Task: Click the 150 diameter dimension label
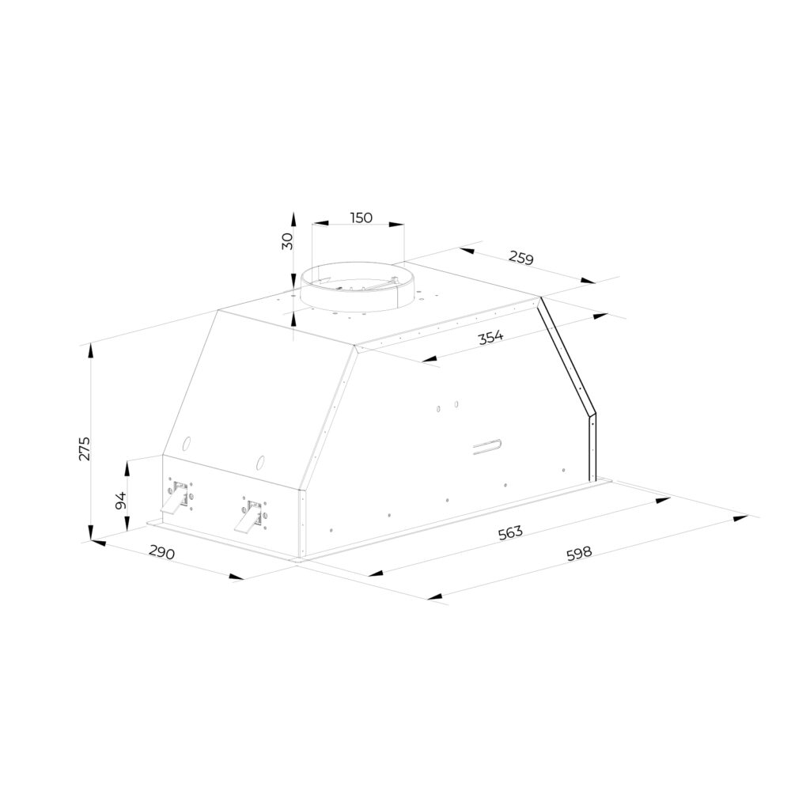coord(361,218)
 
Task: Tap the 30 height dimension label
coord(287,240)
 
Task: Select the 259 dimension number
coord(520,257)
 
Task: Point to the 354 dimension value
coord(490,338)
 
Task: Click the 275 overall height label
coord(84,449)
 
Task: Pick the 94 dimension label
coord(120,500)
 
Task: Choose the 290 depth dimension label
coord(161,552)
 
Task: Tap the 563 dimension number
coord(510,532)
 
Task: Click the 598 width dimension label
coord(578,554)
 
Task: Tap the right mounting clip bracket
coord(251,516)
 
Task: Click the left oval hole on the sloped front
coord(187,443)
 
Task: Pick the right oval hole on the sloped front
coord(261,462)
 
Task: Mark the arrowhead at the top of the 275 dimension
coord(91,351)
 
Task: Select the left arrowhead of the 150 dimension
coord(320,224)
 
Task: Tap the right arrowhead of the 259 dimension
coord(588,281)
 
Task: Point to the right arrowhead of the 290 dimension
coord(237,577)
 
